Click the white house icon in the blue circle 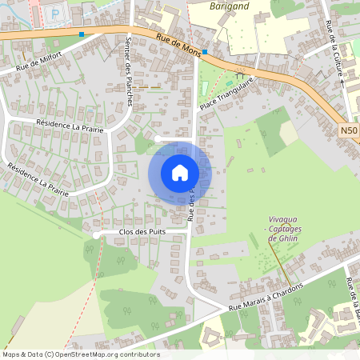[x=180, y=172]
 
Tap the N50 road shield [x=349, y=130]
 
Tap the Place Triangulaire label [x=226, y=94]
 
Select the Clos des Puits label [x=142, y=232]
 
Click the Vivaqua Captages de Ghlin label [x=284, y=228]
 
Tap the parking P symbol [x=54, y=14]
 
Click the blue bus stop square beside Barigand [x=206, y=52]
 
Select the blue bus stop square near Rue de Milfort [x=82, y=34]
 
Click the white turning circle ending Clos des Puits [x=96, y=235]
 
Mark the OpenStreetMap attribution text [x=80, y=354]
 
